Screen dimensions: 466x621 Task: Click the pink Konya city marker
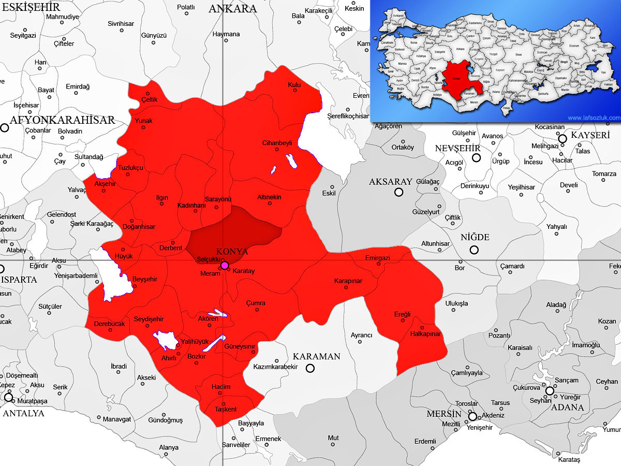coord(224,266)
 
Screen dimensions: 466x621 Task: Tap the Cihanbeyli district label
coord(277,143)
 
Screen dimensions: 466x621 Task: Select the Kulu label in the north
coord(294,85)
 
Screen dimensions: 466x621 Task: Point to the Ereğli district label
coord(402,314)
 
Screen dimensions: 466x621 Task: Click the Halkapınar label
coord(425,334)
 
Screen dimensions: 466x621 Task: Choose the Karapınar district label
coord(348,281)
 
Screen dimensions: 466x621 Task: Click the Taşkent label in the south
coord(225,409)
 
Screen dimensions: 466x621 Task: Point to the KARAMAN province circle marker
coord(310,368)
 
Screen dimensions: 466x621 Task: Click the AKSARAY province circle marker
coord(398,192)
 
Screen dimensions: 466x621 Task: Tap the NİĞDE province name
coord(475,237)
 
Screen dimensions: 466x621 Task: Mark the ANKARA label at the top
coord(232,9)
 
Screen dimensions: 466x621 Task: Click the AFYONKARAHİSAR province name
coord(62,120)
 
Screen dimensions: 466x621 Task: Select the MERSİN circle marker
coord(472,416)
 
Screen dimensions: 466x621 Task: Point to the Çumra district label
coord(256,303)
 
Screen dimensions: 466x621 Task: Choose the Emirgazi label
coord(377,258)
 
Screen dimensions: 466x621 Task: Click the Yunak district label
coord(144,121)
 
